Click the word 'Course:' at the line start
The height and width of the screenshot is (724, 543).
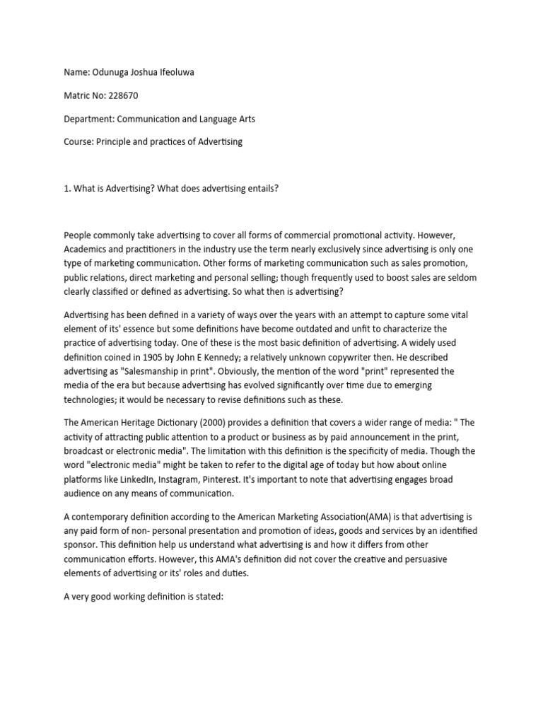tap(79, 141)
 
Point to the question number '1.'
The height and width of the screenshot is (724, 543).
tap(67, 186)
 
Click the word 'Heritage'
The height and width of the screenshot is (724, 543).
tap(139, 423)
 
